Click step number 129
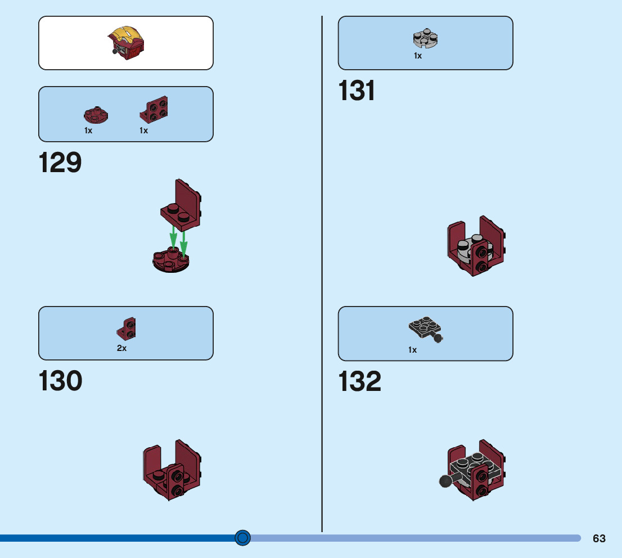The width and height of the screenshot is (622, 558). click(x=60, y=163)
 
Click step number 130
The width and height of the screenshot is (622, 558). click(x=60, y=381)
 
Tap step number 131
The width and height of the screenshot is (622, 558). click(x=357, y=91)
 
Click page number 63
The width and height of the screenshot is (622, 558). click(x=599, y=538)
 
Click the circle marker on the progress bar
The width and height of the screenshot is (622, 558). click(x=242, y=538)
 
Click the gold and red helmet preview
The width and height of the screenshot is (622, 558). click(x=127, y=42)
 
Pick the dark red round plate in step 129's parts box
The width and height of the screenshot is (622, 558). click(x=96, y=115)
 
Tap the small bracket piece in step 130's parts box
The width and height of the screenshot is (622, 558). click(x=127, y=330)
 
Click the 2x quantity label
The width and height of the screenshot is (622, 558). click(x=121, y=348)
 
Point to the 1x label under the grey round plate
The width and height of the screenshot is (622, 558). click(x=418, y=56)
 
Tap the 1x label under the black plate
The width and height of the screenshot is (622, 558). click(x=413, y=350)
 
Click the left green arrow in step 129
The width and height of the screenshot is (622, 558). click(x=173, y=236)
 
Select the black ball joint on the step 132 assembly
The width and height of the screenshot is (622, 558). click(x=445, y=481)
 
